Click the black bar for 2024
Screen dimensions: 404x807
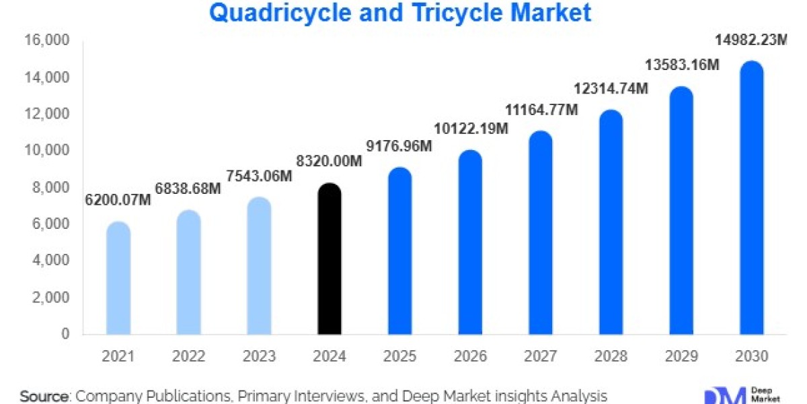[330, 259]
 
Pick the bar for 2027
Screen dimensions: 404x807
[541, 233]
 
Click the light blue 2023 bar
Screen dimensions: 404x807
[259, 266]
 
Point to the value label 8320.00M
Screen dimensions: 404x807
[330, 162]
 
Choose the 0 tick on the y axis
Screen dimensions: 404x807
[65, 334]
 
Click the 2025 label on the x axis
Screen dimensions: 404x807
[400, 356]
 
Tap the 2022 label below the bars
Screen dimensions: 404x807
[189, 356]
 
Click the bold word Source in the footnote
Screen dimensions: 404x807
[44, 396]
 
